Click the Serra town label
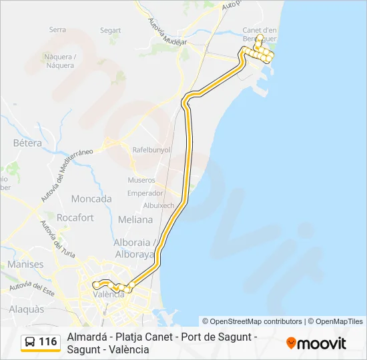coord(58,29)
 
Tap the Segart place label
coord(110,30)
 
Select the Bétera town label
coord(27,143)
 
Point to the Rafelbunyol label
coord(152,150)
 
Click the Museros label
coord(141,180)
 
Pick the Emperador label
coord(145,193)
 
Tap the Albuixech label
coord(159,205)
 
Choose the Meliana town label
coord(135,219)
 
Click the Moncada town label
coord(91,199)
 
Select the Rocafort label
coord(75,217)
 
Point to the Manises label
coord(25,265)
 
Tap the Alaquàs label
coord(27,309)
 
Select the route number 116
coord(48,342)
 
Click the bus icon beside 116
coord(30,343)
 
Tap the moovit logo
coord(316,343)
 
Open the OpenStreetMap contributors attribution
coord(252,321)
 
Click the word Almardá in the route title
coord(86,337)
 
